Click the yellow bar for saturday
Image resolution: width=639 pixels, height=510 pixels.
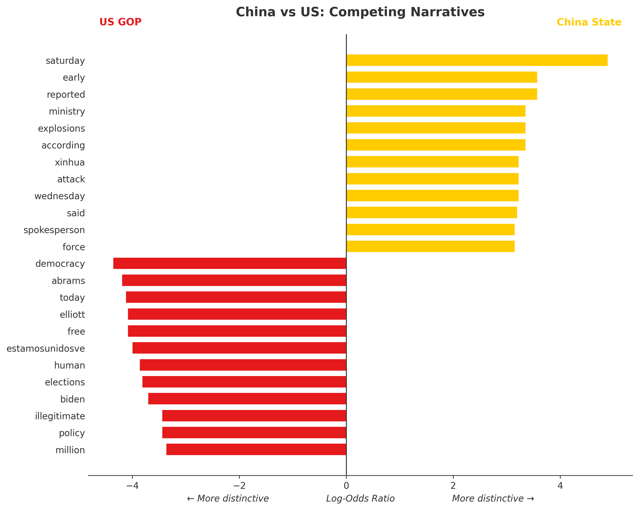pyautogui.click(x=477, y=60)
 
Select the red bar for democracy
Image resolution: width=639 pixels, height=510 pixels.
pyautogui.click(x=230, y=263)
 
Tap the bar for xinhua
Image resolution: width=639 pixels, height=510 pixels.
pyautogui.click(x=432, y=162)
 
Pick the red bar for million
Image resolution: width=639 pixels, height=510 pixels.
pyautogui.click(x=256, y=449)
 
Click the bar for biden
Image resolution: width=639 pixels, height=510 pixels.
pyautogui.click(x=247, y=399)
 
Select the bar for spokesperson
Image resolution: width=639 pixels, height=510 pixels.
pyautogui.click(x=430, y=230)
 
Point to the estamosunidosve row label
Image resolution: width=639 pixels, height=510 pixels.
pyautogui.click(x=46, y=348)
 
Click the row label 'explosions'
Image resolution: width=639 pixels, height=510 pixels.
pyautogui.click(x=61, y=129)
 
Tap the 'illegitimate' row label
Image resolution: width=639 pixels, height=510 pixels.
pyautogui.click(x=60, y=416)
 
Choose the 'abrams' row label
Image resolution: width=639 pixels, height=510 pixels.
pyautogui.click(x=68, y=281)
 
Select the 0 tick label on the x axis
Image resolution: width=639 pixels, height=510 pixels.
pyautogui.click(x=346, y=486)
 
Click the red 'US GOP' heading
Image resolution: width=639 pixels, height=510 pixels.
pyautogui.click(x=120, y=22)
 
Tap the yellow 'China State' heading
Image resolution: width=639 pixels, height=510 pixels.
pyautogui.click(x=589, y=22)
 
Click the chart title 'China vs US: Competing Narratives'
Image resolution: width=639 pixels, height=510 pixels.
pyautogui.click(x=360, y=12)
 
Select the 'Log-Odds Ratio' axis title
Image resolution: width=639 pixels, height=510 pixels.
pyautogui.click(x=360, y=498)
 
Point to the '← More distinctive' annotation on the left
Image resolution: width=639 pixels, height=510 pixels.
pyautogui.click(x=228, y=498)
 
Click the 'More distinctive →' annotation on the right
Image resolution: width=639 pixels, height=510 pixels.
pyautogui.click(x=493, y=498)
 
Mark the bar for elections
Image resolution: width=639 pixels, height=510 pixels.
pyautogui.click(x=244, y=382)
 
